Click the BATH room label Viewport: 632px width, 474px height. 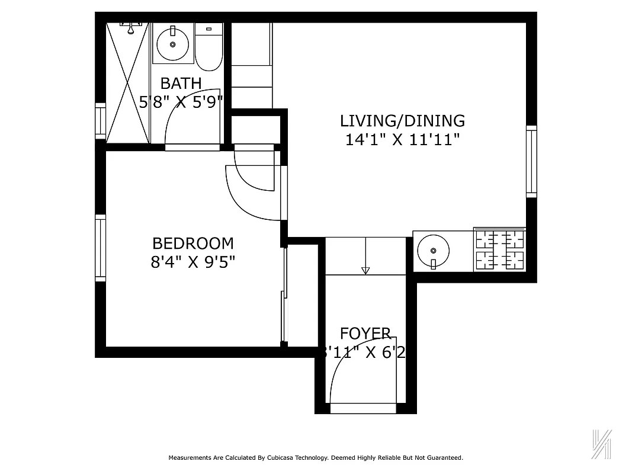pyautogui.click(x=181, y=83)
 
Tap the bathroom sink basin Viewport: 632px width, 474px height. pyautogui.click(x=172, y=43)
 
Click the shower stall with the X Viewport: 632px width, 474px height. pyautogui.click(x=127, y=82)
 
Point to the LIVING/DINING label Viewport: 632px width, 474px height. pyautogui.click(x=402, y=121)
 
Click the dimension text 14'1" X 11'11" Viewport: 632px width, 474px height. pyautogui.click(x=402, y=140)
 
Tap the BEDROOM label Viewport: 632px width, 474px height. pyautogui.click(x=193, y=244)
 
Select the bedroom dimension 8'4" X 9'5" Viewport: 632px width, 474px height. pyautogui.click(x=193, y=262)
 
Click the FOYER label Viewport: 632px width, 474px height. pyautogui.click(x=365, y=334)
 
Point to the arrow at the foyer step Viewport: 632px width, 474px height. pyautogui.click(x=365, y=270)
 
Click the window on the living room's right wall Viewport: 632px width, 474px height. pyautogui.click(x=531, y=161)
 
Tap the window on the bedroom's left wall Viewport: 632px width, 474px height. pyautogui.click(x=101, y=248)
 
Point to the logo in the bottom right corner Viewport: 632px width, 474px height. pyautogui.click(x=602, y=443)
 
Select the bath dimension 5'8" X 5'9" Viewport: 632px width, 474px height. pyautogui.click(x=181, y=102)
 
